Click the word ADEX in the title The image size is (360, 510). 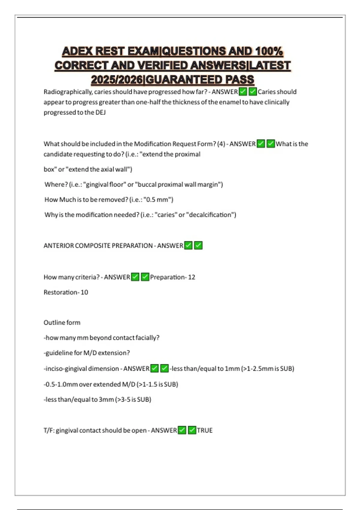point(77,51)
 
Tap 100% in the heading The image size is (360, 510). point(269,51)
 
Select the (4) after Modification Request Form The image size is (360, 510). point(221,144)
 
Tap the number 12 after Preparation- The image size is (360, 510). point(191,277)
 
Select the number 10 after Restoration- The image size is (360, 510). point(84,292)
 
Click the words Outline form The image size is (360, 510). point(62,322)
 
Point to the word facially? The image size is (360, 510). point(147,338)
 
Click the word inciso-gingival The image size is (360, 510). point(66,369)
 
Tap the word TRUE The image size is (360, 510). point(205,430)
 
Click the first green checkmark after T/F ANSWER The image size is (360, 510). point(182,430)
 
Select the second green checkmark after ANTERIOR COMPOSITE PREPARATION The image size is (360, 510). point(198,245)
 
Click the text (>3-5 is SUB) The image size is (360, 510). point(133,400)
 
